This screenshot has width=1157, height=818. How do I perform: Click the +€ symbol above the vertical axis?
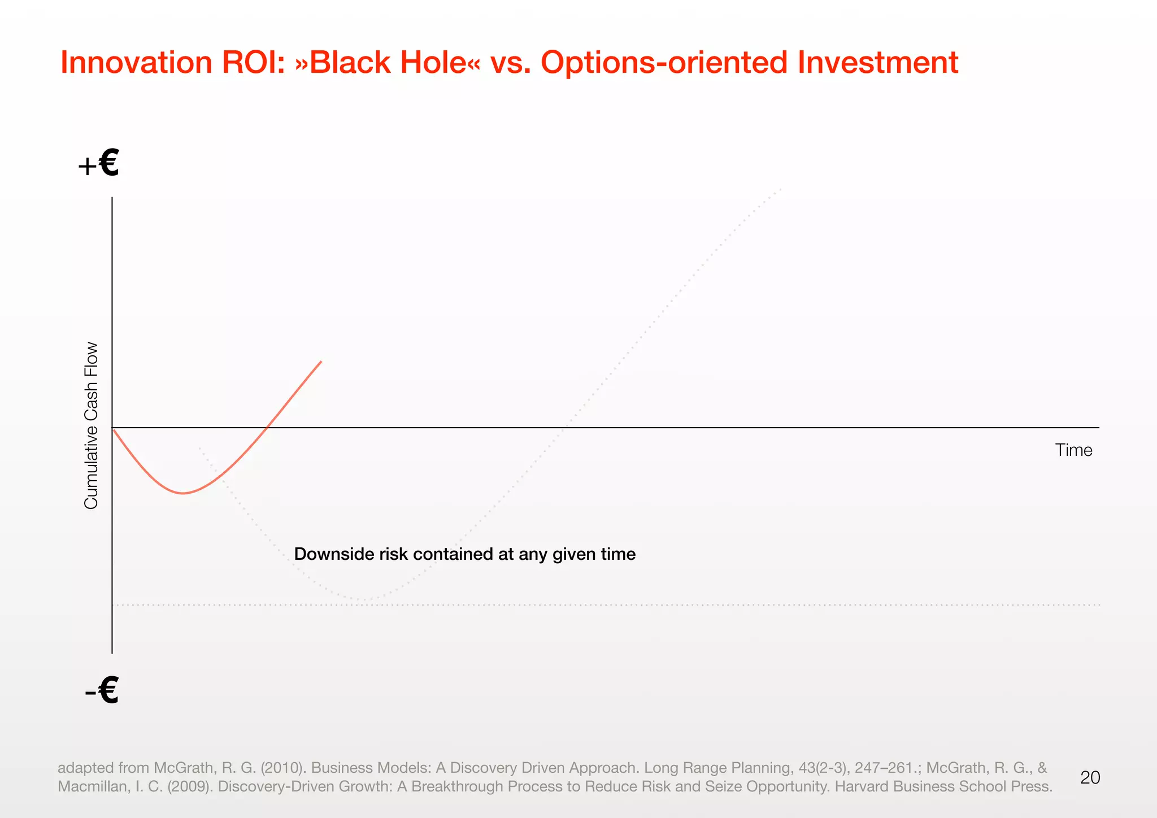coord(99,164)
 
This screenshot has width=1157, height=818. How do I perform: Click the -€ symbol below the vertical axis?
coord(102,690)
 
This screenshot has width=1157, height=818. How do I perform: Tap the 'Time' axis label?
coord(1073,450)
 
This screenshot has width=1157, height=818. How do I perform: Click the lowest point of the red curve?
coord(183,493)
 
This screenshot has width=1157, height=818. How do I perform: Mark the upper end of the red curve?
coord(321,362)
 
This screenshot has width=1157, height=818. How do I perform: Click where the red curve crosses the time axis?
coord(267,428)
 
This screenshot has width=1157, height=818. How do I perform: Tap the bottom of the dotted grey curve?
coord(364,599)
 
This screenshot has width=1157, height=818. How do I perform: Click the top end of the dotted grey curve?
coord(781,189)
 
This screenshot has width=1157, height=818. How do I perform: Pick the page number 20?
coord(1090,778)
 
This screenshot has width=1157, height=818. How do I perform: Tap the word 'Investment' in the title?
coord(878,63)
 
